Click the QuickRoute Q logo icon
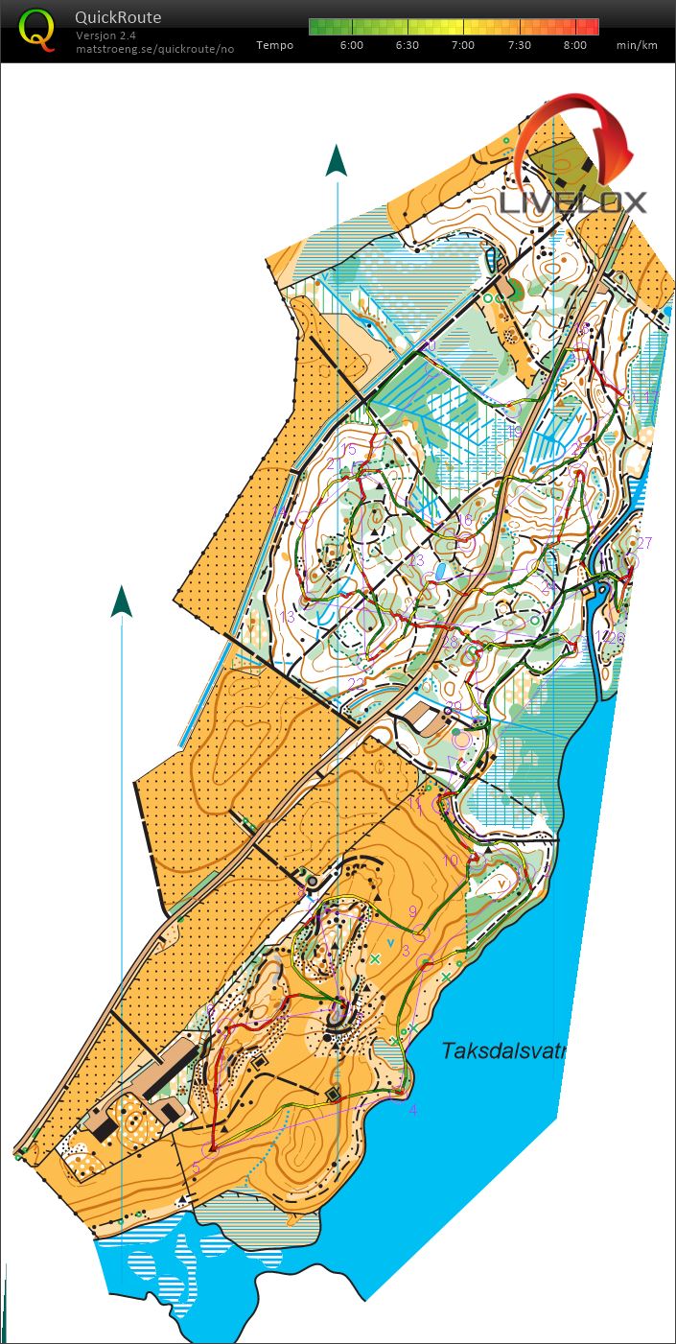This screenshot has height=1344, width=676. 37,29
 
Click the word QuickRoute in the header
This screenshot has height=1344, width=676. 118,17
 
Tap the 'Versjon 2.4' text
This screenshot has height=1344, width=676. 105,35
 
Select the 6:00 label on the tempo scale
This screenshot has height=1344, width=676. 352,45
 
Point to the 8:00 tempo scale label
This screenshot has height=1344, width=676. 575,45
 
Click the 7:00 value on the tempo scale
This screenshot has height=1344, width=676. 463,45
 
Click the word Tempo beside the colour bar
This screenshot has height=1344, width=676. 274,45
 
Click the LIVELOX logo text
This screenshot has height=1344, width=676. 572,202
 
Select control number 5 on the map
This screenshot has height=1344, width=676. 197,1167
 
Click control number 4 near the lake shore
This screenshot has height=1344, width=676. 413,1110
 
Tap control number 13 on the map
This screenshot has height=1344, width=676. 287,616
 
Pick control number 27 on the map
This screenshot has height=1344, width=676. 644,543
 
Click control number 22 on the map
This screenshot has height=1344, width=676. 356,683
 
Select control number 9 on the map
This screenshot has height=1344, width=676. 413,911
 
